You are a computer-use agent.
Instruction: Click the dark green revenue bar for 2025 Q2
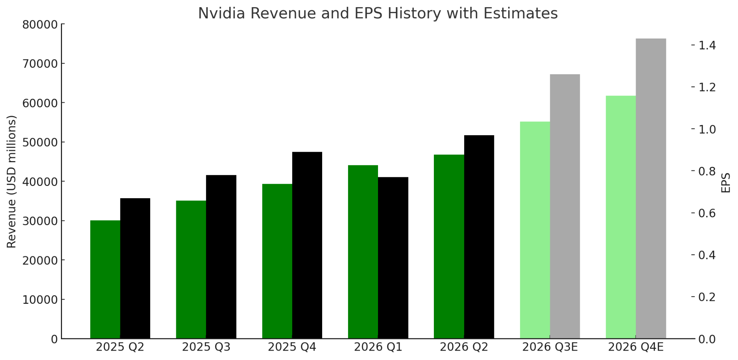(x=105, y=279)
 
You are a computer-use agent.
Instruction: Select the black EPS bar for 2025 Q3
(x=221, y=257)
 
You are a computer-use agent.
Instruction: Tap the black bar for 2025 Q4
(x=307, y=245)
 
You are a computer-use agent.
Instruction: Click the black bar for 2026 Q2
(x=479, y=237)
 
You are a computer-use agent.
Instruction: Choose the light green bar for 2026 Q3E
(x=535, y=230)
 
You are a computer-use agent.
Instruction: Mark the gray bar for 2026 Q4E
(x=651, y=188)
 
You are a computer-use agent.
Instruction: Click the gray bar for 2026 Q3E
(x=565, y=206)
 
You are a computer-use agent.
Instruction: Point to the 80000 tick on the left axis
(x=40, y=25)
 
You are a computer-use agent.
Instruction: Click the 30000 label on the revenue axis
(x=40, y=221)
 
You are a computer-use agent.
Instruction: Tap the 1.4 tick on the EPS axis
(x=707, y=45)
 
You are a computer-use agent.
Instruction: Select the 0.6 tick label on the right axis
(x=707, y=213)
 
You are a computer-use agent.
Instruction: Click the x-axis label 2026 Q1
(x=378, y=347)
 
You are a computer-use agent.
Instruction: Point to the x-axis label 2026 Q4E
(x=636, y=347)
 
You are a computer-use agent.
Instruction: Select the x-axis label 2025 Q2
(x=120, y=347)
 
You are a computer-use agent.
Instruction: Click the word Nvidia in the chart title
(x=221, y=13)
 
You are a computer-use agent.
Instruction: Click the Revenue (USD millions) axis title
(x=12, y=182)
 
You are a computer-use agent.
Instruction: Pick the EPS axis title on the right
(x=726, y=183)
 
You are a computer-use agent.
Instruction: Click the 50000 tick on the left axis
(x=40, y=142)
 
